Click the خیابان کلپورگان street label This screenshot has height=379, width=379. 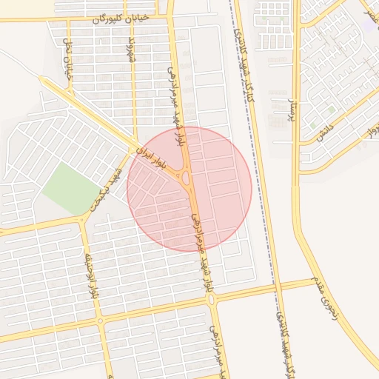tap(121, 18)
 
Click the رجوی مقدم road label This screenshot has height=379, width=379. tap(329, 303)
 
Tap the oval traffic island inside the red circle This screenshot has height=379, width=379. tap(184, 178)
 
